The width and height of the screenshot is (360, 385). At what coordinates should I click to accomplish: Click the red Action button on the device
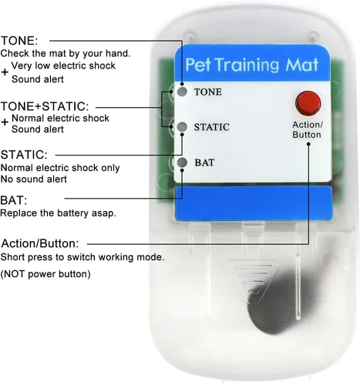(x=308, y=103)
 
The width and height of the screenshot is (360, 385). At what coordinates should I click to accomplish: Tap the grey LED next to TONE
(x=182, y=92)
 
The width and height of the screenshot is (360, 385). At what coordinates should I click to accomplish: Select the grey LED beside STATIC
(x=182, y=126)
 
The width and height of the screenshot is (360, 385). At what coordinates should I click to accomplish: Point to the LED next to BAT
(x=182, y=162)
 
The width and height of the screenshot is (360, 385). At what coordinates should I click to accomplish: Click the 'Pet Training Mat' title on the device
(x=252, y=65)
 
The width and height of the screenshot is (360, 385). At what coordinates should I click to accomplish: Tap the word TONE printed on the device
(x=208, y=92)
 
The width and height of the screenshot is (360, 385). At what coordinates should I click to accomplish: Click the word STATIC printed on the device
(x=212, y=127)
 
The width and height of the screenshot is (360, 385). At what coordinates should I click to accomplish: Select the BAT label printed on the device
(x=204, y=162)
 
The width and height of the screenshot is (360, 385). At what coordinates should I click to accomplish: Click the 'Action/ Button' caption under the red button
(x=308, y=129)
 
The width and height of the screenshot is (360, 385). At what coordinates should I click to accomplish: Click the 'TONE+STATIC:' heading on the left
(x=45, y=106)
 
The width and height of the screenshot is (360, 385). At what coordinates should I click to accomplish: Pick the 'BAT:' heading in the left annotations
(x=14, y=200)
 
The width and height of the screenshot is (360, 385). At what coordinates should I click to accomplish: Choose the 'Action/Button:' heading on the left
(x=40, y=243)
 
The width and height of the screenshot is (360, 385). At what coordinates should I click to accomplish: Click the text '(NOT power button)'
(x=45, y=274)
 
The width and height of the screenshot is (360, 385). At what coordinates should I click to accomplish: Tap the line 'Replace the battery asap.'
(x=58, y=213)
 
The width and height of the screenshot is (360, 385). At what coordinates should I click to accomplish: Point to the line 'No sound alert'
(x=34, y=179)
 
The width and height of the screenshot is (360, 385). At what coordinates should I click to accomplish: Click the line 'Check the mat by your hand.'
(x=66, y=53)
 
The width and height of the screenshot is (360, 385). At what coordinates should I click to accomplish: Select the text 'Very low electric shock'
(x=63, y=65)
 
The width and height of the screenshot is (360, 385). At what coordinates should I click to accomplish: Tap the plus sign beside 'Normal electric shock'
(x=5, y=122)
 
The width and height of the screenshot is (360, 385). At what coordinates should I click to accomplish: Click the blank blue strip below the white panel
(x=254, y=203)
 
